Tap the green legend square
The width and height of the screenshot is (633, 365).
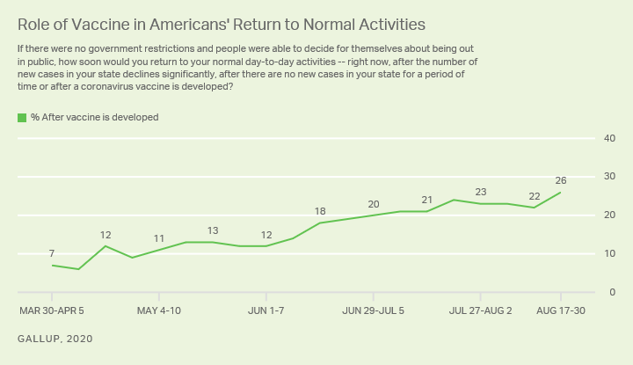tap(22, 117)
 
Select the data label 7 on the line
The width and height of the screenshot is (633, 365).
tap(53, 254)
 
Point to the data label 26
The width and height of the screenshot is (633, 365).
tap(561, 180)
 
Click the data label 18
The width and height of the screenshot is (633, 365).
tap(320, 211)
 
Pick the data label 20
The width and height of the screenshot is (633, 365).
tap(374, 204)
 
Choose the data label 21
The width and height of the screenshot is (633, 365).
tap(427, 200)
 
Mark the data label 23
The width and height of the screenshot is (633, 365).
tap(481, 192)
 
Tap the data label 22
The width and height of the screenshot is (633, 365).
tap(535, 195)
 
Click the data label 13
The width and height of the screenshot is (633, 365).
tap(213, 230)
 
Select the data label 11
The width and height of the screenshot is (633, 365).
tap(159, 238)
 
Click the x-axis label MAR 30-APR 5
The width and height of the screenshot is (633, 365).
tap(52, 310)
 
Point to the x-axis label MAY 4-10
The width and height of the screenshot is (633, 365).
tap(159, 310)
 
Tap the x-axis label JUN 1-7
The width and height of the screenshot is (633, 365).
tap(266, 310)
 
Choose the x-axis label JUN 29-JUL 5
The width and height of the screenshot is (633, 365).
tap(374, 310)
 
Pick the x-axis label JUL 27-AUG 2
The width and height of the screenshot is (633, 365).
tap(481, 310)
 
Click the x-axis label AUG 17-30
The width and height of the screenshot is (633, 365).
tap(561, 310)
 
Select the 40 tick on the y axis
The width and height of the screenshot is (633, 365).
tap(608, 139)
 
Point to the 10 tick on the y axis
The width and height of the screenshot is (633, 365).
tap(608, 253)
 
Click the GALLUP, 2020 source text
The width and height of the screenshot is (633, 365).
tap(55, 339)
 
